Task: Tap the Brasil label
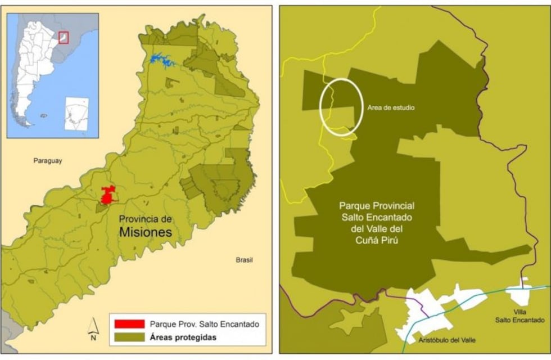(x=244, y=260)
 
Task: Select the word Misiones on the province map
(x=146, y=232)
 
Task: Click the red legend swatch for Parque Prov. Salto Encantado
(x=129, y=325)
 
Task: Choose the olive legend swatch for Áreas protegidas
(x=129, y=338)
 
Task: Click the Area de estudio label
(x=390, y=107)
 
